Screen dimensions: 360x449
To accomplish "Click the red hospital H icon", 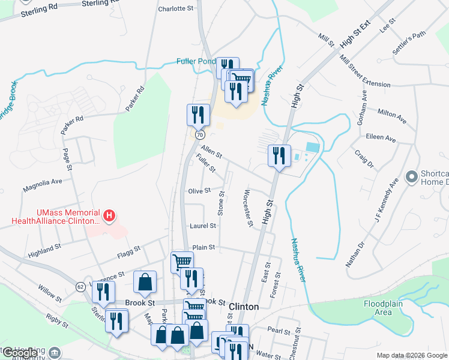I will point(109,215).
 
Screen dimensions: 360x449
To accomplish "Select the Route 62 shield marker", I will point(80,286).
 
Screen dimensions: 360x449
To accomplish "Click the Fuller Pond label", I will point(195,61).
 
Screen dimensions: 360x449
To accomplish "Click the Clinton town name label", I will point(244,307).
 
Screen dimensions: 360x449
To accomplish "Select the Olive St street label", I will point(199,191).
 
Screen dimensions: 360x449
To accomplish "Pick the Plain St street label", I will point(203,247).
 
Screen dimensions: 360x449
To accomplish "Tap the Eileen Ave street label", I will point(382,138).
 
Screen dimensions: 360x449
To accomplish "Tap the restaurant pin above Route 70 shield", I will point(197,115).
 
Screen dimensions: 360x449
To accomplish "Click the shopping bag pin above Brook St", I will point(145,282).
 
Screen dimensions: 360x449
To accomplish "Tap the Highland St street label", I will point(44,250).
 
